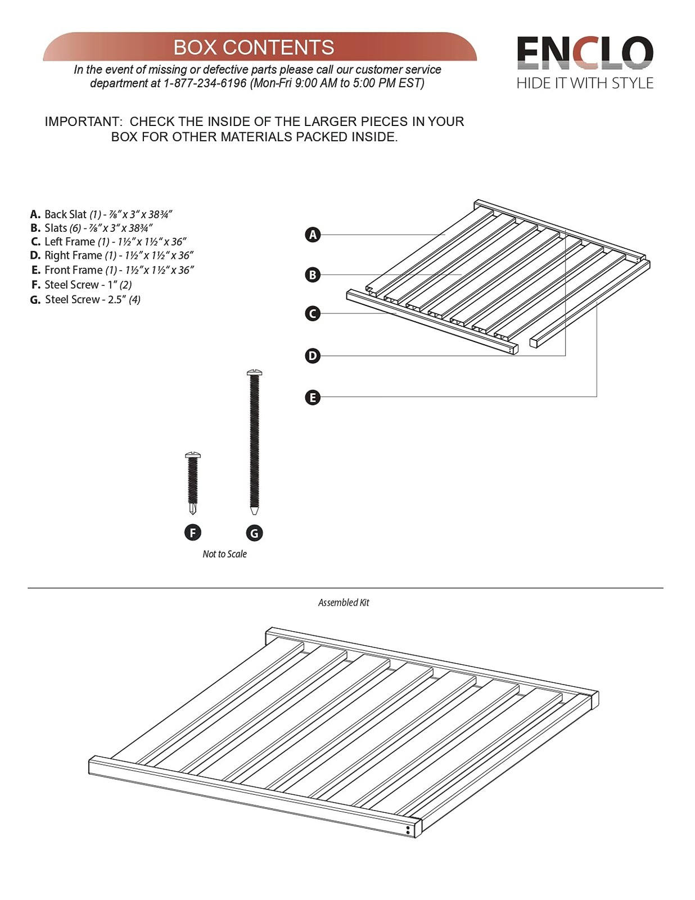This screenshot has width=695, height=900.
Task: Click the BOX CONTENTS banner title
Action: [x=254, y=47]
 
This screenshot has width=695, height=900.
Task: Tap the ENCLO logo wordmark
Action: [x=585, y=53]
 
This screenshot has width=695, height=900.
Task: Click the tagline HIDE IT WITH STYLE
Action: [x=585, y=83]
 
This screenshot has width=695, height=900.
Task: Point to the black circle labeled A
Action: [x=313, y=235]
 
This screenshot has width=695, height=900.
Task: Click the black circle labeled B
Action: [x=313, y=274]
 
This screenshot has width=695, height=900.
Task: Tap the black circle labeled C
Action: [x=313, y=313]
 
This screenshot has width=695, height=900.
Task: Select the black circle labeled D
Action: [x=313, y=355]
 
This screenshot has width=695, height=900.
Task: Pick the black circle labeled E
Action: [x=313, y=398]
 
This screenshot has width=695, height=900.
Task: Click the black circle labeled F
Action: [x=192, y=533]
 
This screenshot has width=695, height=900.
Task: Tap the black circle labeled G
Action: [x=254, y=533]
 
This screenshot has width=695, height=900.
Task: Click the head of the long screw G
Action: [x=254, y=373]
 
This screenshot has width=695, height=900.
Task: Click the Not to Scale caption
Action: [x=224, y=554]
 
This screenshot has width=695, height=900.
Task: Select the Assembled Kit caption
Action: [x=344, y=602]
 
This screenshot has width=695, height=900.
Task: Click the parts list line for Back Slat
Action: [x=101, y=214]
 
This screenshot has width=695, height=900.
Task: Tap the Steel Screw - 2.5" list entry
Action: [x=85, y=299]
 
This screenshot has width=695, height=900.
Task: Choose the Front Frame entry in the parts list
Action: [x=112, y=270]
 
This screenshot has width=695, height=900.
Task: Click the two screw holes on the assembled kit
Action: [x=408, y=830]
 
